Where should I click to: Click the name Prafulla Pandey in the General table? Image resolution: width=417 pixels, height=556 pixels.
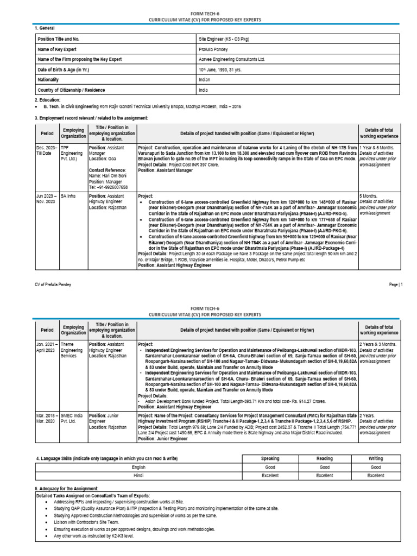[213, 49]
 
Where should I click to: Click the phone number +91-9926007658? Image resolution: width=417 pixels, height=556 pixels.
[109, 186]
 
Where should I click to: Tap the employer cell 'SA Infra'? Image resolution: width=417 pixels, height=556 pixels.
[69, 195]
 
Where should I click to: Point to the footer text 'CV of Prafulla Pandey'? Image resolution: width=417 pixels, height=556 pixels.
[53, 285]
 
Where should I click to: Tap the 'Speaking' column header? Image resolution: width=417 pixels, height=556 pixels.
[270, 458]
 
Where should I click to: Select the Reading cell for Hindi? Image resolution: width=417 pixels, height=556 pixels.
[324, 475]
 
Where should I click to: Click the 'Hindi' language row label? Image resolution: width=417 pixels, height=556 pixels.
[138, 475]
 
